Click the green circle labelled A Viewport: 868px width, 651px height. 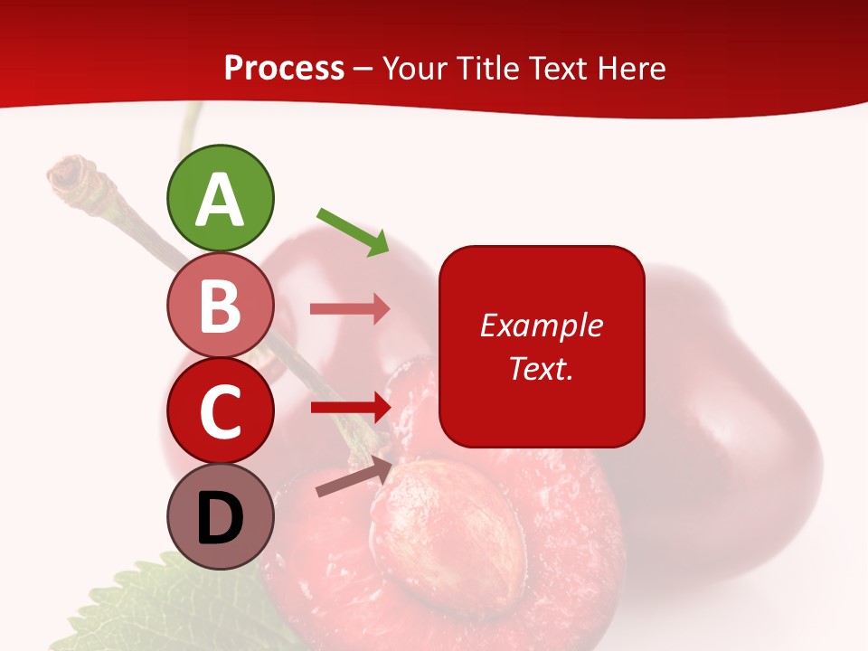[x=221, y=198]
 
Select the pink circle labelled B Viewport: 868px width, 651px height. [x=221, y=305]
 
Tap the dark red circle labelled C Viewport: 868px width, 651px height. [x=221, y=410]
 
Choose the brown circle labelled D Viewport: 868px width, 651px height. [x=221, y=516]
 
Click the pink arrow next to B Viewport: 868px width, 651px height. [x=350, y=309]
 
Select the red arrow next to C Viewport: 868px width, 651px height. [x=350, y=407]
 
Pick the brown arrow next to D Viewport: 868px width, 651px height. [x=354, y=476]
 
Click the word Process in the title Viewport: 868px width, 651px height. [x=284, y=69]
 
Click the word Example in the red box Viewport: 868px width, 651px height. [x=541, y=325]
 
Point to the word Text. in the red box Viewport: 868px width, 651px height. [x=541, y=368]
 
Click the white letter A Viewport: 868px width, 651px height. [x=221, y=200]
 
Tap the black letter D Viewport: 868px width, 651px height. [x=221, y=518]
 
